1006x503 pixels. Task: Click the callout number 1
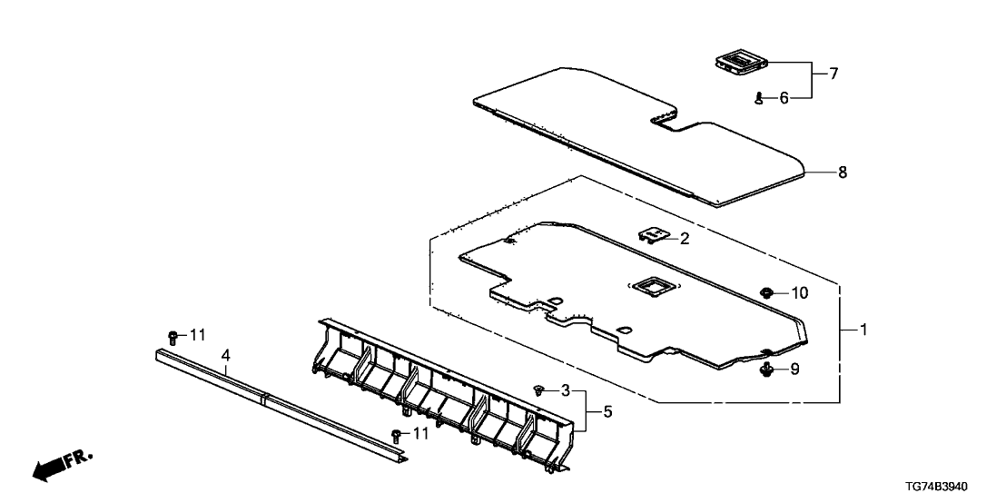(863, 330)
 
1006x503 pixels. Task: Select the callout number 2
(685, 240)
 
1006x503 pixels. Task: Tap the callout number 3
(566, 390)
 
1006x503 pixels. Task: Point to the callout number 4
(225, 355)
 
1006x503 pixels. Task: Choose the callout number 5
(607, 411)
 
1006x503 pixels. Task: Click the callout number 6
(784, 98)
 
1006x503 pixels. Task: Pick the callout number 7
(833, 74)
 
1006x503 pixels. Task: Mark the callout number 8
(843, 173)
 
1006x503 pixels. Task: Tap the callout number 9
(795, 370)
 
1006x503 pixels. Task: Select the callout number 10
(799, 293)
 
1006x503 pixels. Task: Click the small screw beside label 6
(760, 98)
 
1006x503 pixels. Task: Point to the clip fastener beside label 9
(765, 369)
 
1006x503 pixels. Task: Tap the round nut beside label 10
(766, 293)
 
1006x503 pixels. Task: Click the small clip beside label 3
(538, 390)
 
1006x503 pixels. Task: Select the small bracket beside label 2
(652, 235)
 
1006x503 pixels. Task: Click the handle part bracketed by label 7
(741, 64)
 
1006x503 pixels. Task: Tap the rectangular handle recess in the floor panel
(651, 286)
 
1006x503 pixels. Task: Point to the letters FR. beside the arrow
(80, 459)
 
